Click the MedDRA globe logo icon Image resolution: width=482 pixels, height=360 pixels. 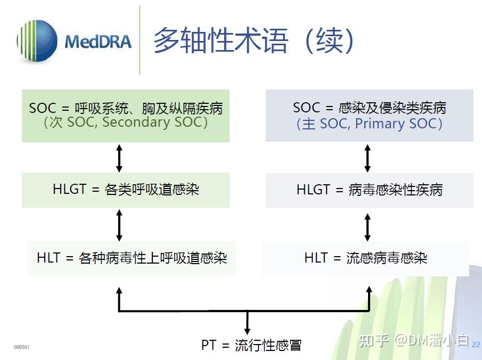(x=37, y=41)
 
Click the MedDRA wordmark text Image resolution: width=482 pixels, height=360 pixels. (x=98, y=42)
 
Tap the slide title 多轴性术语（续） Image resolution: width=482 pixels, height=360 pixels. (x=254, y=41)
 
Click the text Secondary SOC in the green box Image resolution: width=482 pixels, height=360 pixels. (x=154, y=122)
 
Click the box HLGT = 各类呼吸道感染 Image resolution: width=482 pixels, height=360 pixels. (x=126, y=190)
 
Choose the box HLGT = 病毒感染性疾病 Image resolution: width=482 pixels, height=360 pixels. (x=369, y=190)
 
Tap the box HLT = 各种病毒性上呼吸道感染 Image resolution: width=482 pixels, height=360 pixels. (x=132, y=258)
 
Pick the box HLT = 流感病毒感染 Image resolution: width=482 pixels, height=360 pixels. (x=365, y=258)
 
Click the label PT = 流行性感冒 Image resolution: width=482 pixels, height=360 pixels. (x=251, y=345)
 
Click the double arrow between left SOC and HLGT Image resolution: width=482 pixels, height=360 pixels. (x=119, y=158)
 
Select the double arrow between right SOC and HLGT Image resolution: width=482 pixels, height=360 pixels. (x=367, y=158)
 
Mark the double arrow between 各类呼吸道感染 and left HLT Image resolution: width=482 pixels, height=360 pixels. (x=119, y=225)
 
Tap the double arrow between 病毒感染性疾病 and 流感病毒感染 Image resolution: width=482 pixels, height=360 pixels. (x=367, y=227)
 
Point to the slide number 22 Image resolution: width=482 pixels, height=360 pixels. (x=476, y=345)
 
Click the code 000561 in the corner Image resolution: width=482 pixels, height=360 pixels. (x=21, y=347)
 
